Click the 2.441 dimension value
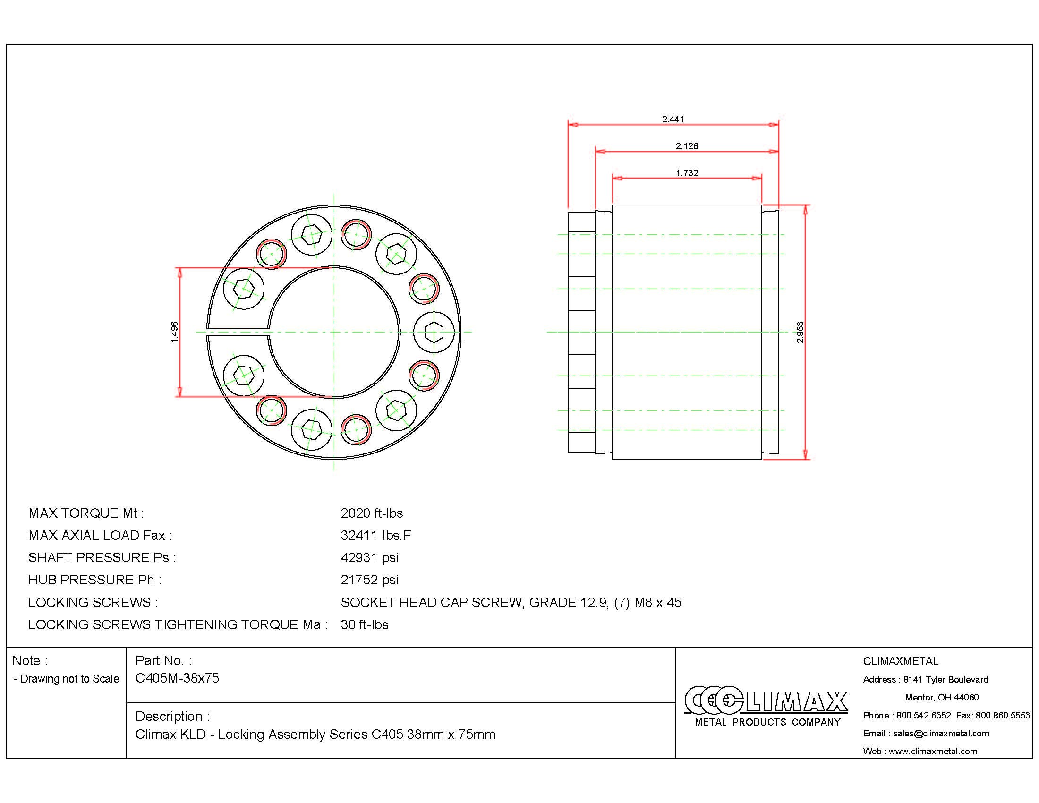click(x=673, y=119)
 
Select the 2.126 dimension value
click(x=687, y=146)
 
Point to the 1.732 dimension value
click(x=687, y=173)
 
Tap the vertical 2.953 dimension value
click(x=800, y=332)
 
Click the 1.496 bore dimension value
click(x=175, y=332)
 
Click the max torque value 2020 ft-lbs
click(x=372, y=513)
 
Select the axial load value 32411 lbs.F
click(x=375, y=536)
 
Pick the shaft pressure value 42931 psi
click(x=370, y=557)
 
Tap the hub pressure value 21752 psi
click(x=370, y=580)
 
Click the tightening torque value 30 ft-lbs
click(x=365, y=624)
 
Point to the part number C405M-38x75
click(x=177, y=678)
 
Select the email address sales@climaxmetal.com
click(x=940, y=733)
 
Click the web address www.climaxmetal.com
click(x=932, y=751)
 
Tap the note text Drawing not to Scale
click(x=69, y=679)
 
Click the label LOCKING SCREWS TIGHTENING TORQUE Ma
click(x=177, y=624)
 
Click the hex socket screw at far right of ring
click(x=434, y=332)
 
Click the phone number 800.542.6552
click(x=923, y=715)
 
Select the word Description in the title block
click(x=169, y=716)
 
